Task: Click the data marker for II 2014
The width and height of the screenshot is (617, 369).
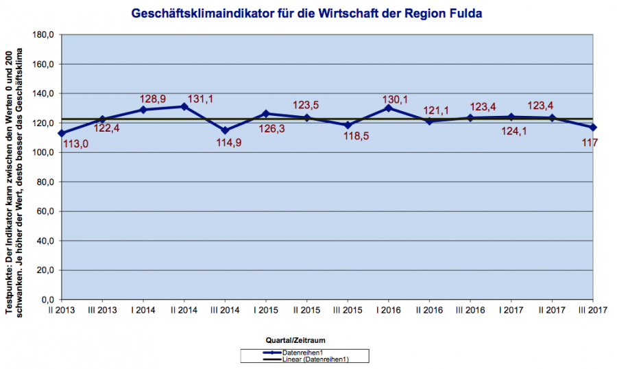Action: click(x=184, y=106)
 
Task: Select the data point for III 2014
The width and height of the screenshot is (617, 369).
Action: click(x=225, y=130)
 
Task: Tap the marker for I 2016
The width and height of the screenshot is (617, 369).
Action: click(x=389, y=108)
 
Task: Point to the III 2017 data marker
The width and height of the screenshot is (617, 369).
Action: click(x=593, y=128)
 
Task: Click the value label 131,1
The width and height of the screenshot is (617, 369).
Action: click(x=200, y=99)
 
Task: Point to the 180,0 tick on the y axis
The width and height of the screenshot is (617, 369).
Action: click(x=45, y=34)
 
